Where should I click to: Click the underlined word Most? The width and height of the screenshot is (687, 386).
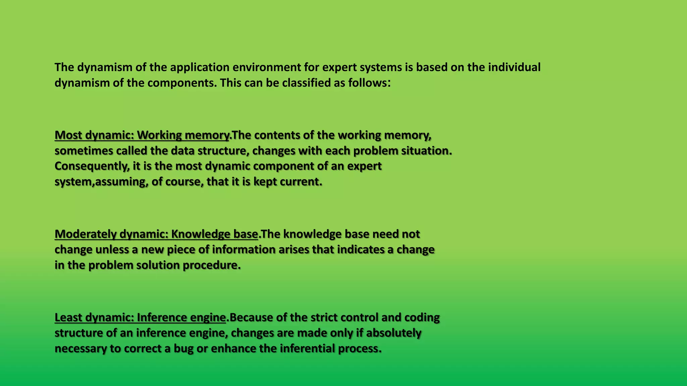coord(68,135)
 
